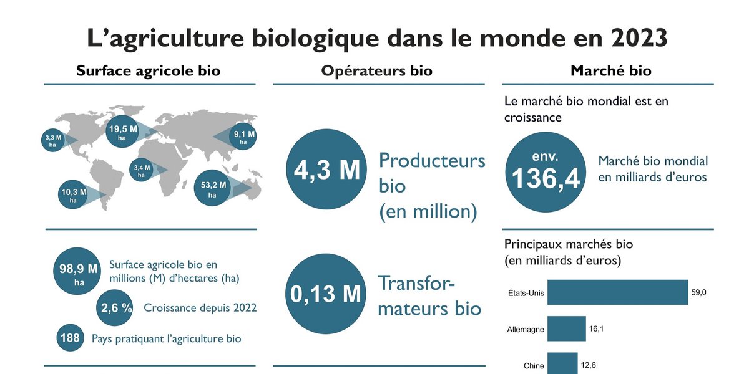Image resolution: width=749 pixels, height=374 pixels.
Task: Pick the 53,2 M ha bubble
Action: pyautogui.click(x=212, y=189)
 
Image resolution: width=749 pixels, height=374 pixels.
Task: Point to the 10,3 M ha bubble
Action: pyautogui.click(x=73, y=195)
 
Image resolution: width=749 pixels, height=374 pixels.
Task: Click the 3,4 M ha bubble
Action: pyautogui.click(x=141, y=171)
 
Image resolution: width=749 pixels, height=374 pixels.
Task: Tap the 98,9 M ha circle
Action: pyautogui.click(x=79, y=272)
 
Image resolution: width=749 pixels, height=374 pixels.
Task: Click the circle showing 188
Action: pyautogui.click(x=70, y=338)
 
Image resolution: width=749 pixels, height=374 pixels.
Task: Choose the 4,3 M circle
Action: pyautogui.click(x=326, y=170)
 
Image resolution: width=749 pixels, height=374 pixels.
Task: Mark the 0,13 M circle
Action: pyautogui.click(x=326, y=293)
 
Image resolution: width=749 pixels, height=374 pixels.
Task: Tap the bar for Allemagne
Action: pyautogui.click(x=566, y=328)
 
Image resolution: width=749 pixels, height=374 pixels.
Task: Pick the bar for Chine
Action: pyautogui.click(x=562, y=363)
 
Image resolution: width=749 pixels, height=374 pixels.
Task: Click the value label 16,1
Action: pyautogui.click(x=597, y=327)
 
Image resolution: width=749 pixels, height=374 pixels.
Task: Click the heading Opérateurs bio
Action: pyautogui.click(x=376, y=71)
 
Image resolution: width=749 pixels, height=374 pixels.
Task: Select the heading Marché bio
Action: pyautogui.click(x=611, y=71)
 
